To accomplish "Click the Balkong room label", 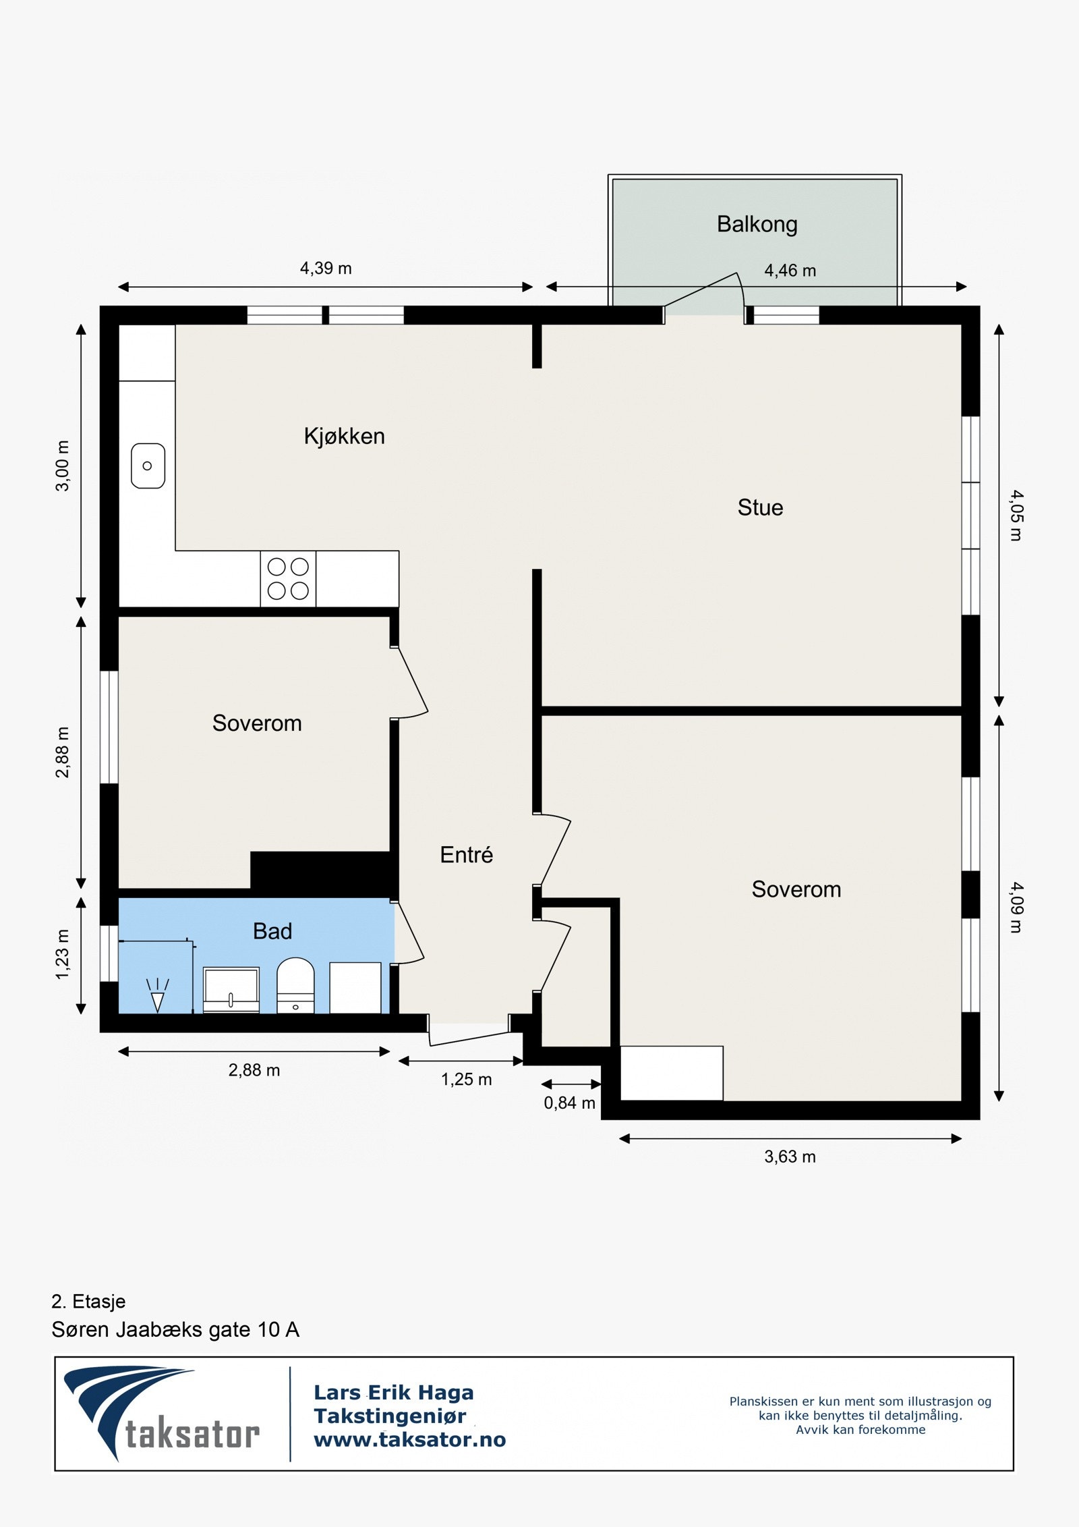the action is coord(757,224).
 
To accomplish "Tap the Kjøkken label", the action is coord(344,437).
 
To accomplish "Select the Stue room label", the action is coord(760,507).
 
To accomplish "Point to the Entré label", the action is coord(466,855).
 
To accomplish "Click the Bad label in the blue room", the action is coord(272,931).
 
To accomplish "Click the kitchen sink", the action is coord(148,466).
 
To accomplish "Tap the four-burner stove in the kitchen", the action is coord(288,578).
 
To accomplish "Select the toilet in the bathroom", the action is coord(295,985).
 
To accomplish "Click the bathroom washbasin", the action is coord(231,990).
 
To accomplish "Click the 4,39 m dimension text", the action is coord(326,269).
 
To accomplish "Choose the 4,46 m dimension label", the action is coord(790,271).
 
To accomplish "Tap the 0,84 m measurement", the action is coord(569,1103).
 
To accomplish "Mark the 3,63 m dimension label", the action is coord(790,1157).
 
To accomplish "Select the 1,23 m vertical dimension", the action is coord(62,954).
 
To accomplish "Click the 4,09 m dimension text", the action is coord(1016,908).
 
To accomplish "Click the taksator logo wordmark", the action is coord(192,1435).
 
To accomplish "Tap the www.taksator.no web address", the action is coord(409,1440).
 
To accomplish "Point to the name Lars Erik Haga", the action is coord(394,1393).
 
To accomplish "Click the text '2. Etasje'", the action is coord(88,1301).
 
